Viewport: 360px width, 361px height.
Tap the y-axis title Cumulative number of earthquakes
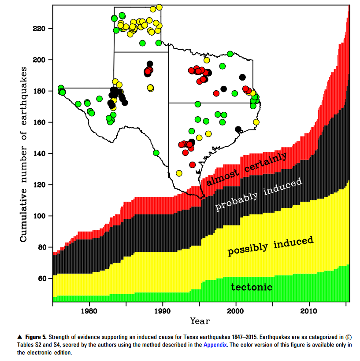click(24, 154)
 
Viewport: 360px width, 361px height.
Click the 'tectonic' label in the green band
click(252, 287)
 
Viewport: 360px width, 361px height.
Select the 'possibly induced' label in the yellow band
click(270, 246)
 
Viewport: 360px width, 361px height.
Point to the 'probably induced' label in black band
click(258, 194)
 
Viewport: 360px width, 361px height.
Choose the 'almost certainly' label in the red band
click(247, 169)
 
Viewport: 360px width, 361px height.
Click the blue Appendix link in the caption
click(215, 345)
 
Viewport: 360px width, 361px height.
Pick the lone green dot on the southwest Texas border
click(156, 153)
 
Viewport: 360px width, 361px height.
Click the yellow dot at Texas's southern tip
click(179, 173)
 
